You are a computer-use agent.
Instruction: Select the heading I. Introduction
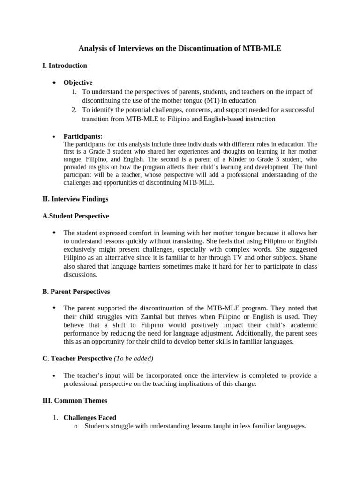[x=65, y=66]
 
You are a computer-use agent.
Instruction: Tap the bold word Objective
[x=78, y=82]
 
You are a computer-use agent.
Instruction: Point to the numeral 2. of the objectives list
[x=74, y=110]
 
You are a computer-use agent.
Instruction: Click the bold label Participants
[x=82, y=136]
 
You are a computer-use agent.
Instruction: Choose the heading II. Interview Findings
[x=75, y=199]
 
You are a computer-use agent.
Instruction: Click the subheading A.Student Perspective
[x=75, y=216]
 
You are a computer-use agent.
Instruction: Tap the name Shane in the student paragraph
[x=307, y=258]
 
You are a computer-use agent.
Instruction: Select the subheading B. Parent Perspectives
[x=76, y=292]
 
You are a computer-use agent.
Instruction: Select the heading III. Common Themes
[x=75, y=401]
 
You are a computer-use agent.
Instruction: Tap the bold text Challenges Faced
[x=90, y=418]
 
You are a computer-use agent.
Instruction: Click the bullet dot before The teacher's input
[x=55, y=376]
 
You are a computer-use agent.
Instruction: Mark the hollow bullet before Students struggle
[x=76, y=427]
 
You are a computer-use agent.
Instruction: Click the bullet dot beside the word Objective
[x=55, y=83]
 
